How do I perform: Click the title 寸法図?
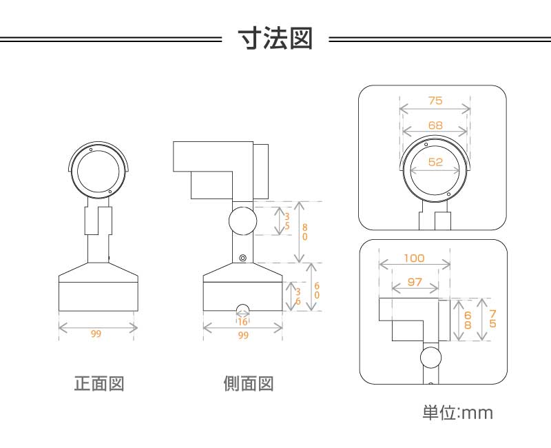click(x=275, y=39)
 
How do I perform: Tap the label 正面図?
click(x=99, y=383)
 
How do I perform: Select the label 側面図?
click(x=249, y=383)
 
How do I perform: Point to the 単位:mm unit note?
click(x=457, y=414)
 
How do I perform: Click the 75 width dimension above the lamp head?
click(x=435, y=101)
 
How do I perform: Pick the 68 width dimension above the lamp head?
click(x=435, y=125)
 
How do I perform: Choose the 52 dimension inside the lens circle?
click(x=435, y=162)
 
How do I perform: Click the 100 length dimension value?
click(x=414, y=258)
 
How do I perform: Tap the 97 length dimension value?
click(x=414, y=282)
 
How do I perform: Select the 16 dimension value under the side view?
click(x=242, y=321)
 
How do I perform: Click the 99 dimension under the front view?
click(x=96, y=334)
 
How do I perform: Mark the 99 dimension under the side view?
click(x=242, y=335)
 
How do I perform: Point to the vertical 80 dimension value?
click(x=304, y=232)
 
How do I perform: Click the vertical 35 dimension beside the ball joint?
click(x=287, y=221)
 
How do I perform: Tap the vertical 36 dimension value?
click(x=298, y=296)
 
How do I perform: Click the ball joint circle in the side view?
click(x=242, y=221)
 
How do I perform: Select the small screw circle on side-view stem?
click(x=242, y=258)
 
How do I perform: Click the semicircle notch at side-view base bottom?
click(x=242, y=307)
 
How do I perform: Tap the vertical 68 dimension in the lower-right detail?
click(x=468, y=319)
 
